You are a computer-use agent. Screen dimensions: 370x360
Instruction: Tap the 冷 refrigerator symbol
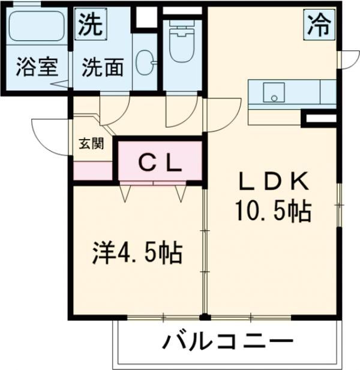pyautogui.click(x=319, y=26)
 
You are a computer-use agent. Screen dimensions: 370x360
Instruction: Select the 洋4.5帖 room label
pyautogui.click(x=138, y=253)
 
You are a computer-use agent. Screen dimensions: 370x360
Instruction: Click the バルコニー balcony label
pyautogui.click(x=227, y=343)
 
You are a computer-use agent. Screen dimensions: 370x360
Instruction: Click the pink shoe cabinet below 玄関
pyautogui.click(x=93, y=171)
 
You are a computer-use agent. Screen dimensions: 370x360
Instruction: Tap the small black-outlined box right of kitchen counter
pyautogui.click(x=320, y=119)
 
